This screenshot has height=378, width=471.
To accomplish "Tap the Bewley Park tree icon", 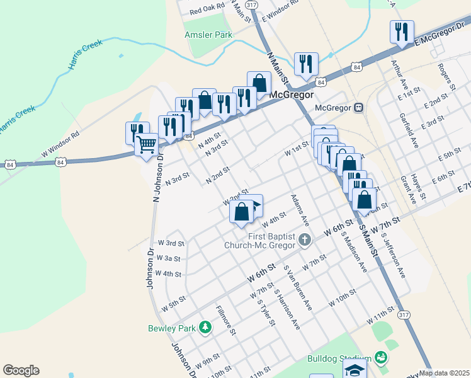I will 205,327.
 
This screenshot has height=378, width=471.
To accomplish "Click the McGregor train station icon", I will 358,107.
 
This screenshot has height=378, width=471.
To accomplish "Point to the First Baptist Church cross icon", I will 305,239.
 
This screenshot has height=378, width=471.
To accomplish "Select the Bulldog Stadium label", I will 337,358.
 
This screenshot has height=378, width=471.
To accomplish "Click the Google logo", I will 21,370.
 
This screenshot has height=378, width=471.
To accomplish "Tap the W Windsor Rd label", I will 60,143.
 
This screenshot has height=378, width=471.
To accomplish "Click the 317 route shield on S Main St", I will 405,314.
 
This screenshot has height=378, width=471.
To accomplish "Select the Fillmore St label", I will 225,319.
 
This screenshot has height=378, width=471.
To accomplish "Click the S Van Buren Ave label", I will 298,287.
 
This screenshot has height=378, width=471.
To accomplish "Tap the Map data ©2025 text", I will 445,373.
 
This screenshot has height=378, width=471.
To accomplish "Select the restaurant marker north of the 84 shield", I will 306,63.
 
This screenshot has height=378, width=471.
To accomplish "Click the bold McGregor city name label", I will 292,94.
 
